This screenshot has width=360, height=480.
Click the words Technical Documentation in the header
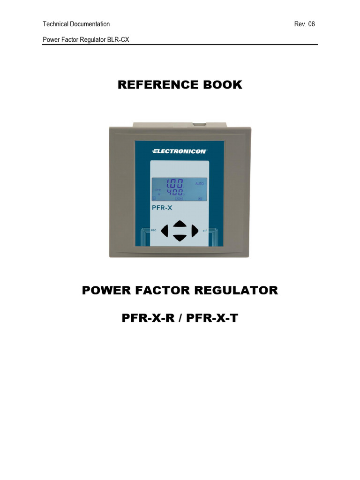point(76,24)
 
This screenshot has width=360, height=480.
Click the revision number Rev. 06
point(304,24)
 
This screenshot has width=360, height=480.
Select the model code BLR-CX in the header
point(118,40)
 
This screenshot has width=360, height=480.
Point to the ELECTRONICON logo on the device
point(180,151)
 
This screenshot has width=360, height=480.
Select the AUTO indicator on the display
point(199,184)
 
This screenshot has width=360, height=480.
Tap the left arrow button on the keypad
point(165,230)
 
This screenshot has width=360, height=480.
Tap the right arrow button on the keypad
point(195,230)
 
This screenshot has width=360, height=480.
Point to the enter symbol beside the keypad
point(205,230)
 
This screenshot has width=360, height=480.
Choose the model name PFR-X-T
point(212,319)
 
